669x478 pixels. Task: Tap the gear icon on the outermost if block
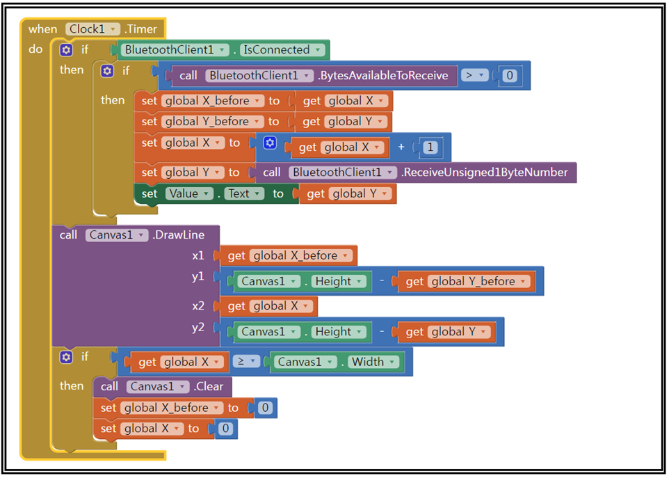[x=66, y=50]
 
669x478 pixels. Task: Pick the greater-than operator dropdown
[x=474, y=75]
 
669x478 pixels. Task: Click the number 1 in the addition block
[x=431, y=148]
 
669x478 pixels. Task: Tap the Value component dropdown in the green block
[x=188, y=193]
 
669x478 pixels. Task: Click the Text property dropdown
[x=243, y=193]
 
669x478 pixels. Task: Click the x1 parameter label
[x=198, y=256]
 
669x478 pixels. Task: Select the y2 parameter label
[x=198, y=328]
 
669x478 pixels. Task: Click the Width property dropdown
[x=373, y=362]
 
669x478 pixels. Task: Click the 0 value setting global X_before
[x=264, y=408]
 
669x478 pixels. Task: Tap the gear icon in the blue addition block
[x=270, y=143]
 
